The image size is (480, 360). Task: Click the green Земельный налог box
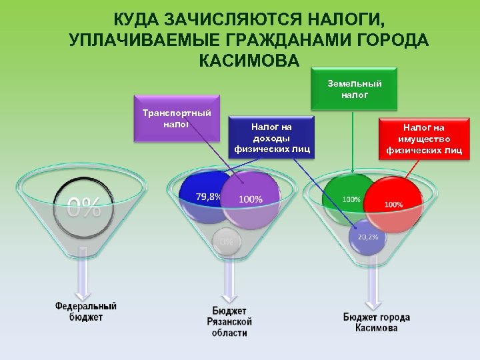tap(354, 88)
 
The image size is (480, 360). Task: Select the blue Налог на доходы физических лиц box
tap(271, 137)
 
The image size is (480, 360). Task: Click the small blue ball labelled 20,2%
tap(368, 237)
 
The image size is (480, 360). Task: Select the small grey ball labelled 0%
tap(227, 241)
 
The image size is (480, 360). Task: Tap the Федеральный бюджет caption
tap(85, 311)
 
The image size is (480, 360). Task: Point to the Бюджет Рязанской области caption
tap(229, 321)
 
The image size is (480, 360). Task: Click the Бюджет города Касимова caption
tap(376, 322)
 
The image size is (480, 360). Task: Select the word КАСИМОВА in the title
tap(249, 61)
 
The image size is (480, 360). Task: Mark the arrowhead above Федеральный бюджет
tap(83, 294)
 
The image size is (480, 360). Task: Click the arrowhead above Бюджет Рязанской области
tap(229, 297)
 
